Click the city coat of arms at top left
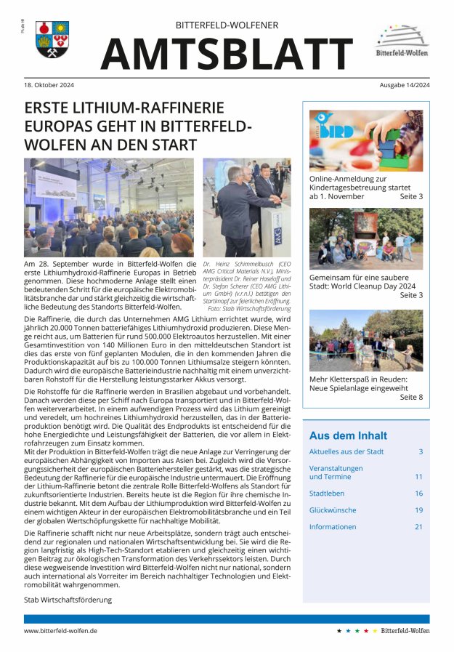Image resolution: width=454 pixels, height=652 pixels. pos(52,39)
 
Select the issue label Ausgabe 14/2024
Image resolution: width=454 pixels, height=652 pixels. pos(404,85)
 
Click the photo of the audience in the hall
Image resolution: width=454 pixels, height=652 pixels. pos(109,207)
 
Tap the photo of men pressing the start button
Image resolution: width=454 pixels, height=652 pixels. pos(246,207)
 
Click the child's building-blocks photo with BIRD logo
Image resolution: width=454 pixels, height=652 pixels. pos(365,140)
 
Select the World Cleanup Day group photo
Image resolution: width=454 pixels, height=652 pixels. pos(365,239)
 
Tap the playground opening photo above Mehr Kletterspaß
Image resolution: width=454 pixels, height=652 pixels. pos(365,340)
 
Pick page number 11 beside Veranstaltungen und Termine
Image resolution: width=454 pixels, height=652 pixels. pos(418,477)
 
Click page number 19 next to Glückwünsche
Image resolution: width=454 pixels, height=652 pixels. pos(418,510)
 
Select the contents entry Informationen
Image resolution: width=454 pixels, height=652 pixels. pos(333,527)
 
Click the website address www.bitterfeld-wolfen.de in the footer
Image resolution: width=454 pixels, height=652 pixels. pos(61,631)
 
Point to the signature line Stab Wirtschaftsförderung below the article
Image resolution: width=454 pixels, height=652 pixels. pos(68,600)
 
